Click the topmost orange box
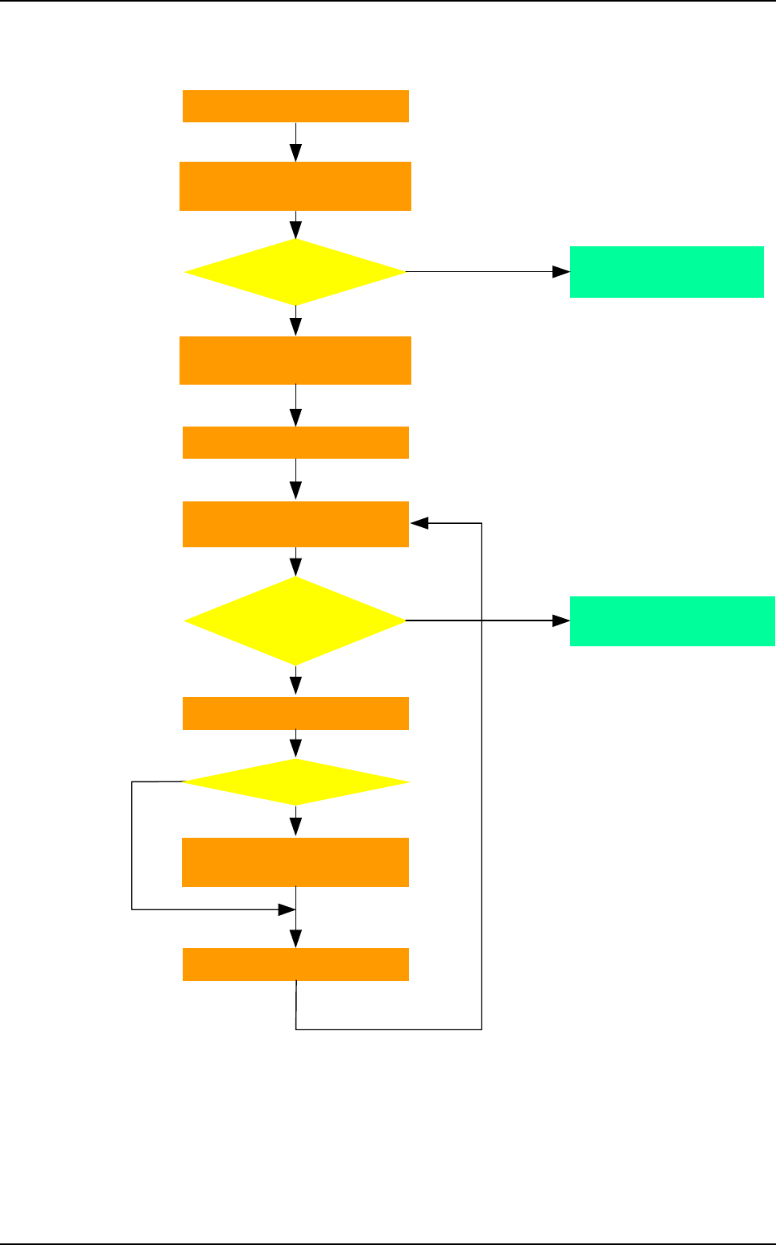295,106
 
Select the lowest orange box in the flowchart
295,964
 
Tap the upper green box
667,272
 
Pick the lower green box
672,621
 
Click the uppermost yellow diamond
295,272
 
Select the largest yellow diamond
295,621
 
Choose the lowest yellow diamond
295,782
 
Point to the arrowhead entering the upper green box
561,272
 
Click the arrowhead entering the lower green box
561,621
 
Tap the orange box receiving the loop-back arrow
295,525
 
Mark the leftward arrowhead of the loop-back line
419,523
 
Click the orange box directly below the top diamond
295,361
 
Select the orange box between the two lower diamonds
295,713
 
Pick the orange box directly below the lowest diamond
295,862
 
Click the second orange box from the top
295,186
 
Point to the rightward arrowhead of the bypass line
287,909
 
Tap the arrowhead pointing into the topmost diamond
295,230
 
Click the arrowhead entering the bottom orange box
295,939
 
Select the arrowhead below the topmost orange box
295,153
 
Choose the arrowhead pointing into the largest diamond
295,567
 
